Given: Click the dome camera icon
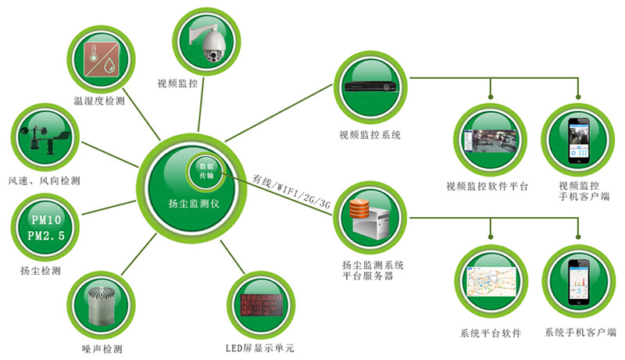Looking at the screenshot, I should click(209, 40).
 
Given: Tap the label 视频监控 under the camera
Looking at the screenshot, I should click(177, 82).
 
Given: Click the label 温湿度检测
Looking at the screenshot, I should click(99, 101).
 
